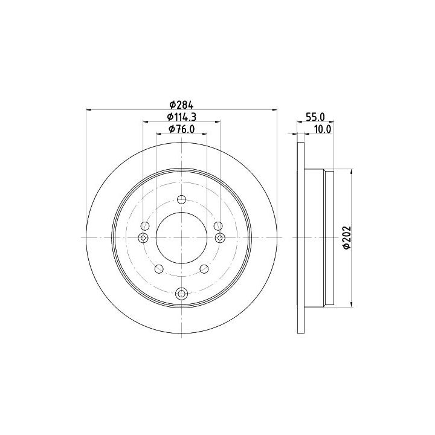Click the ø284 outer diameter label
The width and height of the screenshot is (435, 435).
pyautogui.click(x=181, y=105)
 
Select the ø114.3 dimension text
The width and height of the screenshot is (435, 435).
pyautogui.click(x=182, y=117)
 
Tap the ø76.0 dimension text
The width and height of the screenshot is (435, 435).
pyautogui.click(x=182, y=129)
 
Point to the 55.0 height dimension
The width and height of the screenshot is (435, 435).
pyautogui.click(x=315, y=117)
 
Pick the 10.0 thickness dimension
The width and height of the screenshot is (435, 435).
pyautogui.click(x=322, y=129)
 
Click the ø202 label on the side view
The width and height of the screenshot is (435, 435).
pyautogui.click(x=347, y=238)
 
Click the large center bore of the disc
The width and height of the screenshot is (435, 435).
pyautogui.click(x=181, y=238)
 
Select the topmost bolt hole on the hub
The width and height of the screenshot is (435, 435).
pyautogui.click(x=181, y=199)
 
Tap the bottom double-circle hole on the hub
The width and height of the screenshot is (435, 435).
pyautogui.click(x=181, y=293)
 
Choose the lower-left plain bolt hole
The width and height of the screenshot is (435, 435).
pyautogui.click(x=159, y=268)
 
